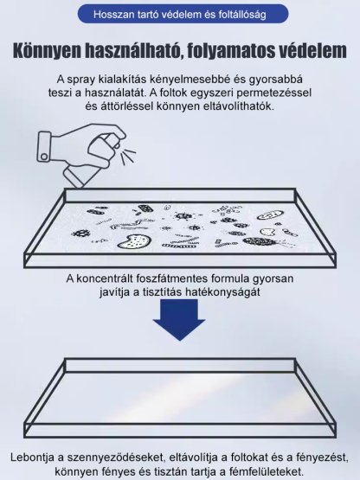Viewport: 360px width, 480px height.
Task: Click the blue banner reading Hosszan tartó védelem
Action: (179, 15)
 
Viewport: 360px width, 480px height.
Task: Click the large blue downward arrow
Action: (179, 324)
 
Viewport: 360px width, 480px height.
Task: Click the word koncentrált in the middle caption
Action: (112, 278)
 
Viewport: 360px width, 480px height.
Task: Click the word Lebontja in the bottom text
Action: (34, 456)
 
